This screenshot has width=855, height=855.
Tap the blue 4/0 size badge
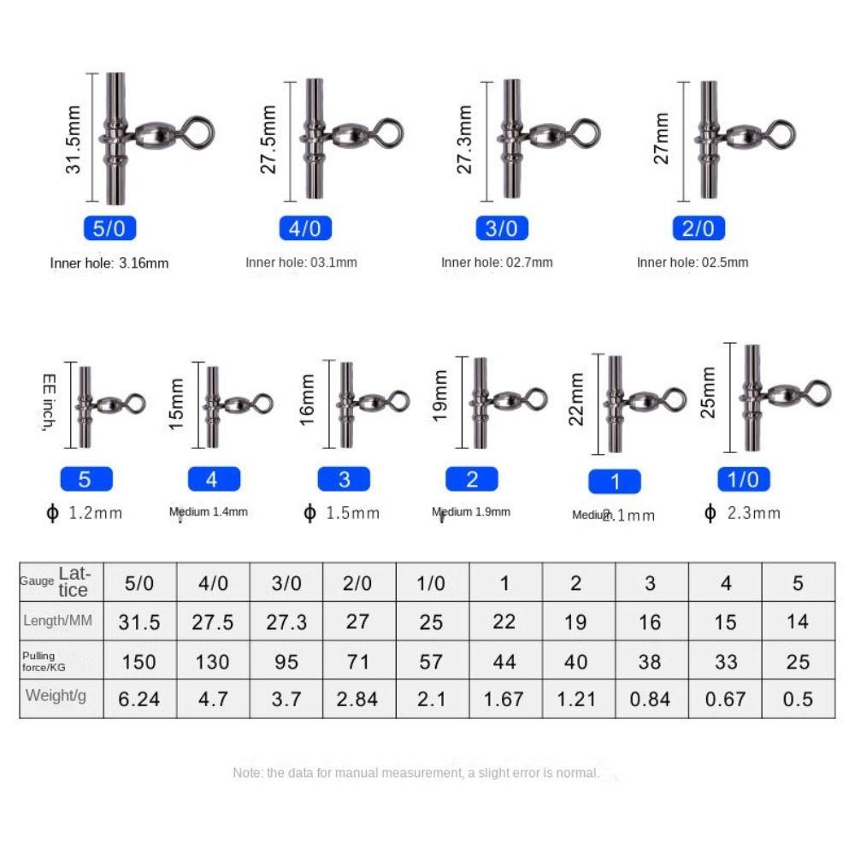pos(304,228)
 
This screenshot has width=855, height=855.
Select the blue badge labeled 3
pos(345,480)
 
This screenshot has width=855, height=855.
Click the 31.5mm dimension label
pos(74,140)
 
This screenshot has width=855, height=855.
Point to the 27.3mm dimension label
pos(464,139)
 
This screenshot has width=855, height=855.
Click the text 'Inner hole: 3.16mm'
pos(109,263)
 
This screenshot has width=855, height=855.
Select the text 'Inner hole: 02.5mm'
pos(693,262)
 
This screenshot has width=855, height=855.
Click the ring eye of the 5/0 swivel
pos(199,133)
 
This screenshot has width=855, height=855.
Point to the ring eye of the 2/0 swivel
pos(781,133)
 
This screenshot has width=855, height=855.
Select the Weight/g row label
pos(56,696)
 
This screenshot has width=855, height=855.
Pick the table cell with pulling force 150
pos(139,661)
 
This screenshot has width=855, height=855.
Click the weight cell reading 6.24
pos(139,699)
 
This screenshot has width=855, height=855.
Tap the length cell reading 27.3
pos(286,622)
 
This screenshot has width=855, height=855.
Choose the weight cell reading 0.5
pos(797,699)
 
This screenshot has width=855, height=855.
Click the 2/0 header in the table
pos(358,583)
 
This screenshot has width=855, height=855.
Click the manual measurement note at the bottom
pos(416,773)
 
